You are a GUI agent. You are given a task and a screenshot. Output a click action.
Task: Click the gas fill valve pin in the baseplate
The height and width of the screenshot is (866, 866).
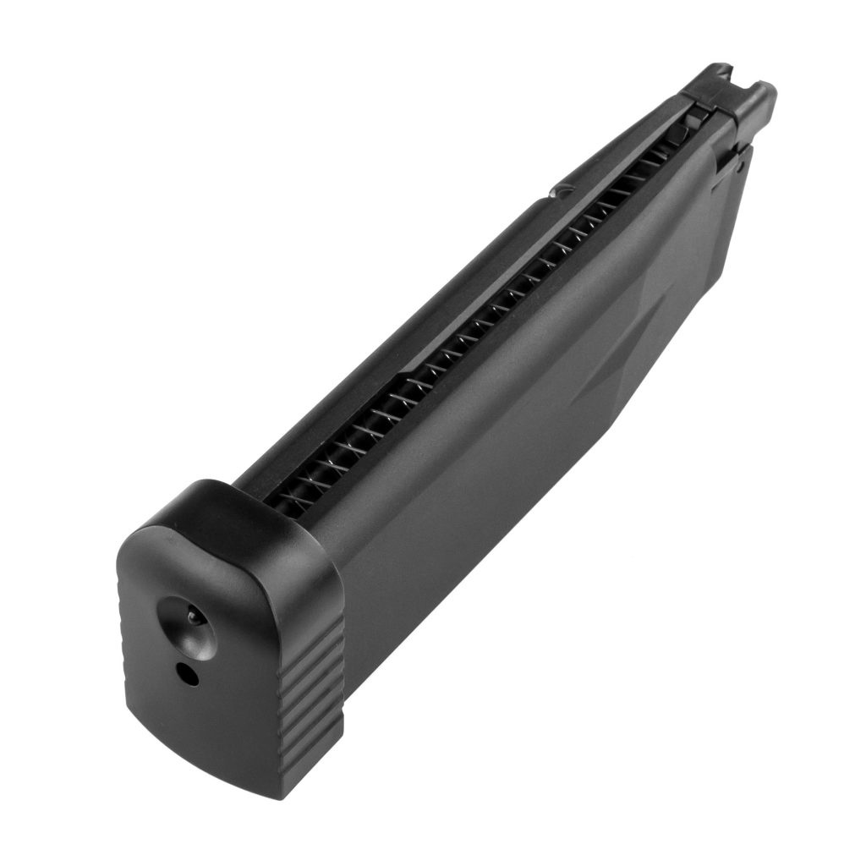point(194,618)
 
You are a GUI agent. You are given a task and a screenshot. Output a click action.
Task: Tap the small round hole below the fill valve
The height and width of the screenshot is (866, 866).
point(185,673)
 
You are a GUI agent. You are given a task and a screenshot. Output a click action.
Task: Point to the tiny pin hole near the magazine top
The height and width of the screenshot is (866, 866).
point(741,167)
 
